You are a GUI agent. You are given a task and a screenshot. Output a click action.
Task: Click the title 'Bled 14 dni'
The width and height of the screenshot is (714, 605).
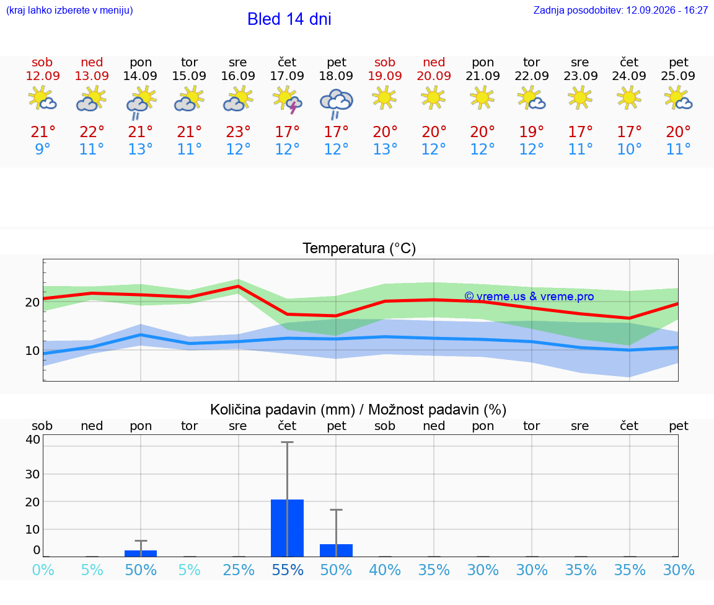(289, 19)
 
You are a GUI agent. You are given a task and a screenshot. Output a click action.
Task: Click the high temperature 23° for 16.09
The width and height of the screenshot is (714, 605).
(238, 132)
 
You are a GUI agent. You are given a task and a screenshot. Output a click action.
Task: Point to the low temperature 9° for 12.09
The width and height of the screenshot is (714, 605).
(42, 149)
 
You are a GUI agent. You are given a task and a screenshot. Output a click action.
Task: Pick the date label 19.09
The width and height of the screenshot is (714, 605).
(385, 76)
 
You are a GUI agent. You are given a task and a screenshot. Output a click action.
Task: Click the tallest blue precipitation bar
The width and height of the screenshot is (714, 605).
(288, 528)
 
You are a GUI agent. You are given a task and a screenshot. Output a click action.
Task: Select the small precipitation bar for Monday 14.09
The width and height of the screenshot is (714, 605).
(141, 553)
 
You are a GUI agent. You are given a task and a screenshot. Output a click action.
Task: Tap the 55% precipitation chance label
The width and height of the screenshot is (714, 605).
(288, 570)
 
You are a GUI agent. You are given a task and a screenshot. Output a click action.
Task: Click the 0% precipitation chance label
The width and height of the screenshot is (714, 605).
(43, 570)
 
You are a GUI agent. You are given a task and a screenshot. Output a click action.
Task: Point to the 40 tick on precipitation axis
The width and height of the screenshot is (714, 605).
(33, 439)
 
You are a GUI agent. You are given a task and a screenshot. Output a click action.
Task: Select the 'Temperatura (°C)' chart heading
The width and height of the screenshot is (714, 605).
(359, 248)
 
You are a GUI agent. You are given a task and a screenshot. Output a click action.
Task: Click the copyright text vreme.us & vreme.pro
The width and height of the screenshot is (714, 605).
(529, 297)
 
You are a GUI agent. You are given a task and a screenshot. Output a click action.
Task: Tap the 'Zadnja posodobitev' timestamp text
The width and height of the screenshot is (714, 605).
(620, 11)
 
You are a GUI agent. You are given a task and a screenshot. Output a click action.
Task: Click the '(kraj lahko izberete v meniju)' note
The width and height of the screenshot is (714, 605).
(69, 11)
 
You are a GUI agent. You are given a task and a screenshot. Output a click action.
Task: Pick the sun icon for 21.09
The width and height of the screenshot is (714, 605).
(482, 98)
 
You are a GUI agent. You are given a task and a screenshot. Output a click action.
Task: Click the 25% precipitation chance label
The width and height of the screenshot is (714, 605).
(238, 570)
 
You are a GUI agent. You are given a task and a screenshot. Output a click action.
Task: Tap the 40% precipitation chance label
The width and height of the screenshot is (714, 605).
(385, 570)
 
